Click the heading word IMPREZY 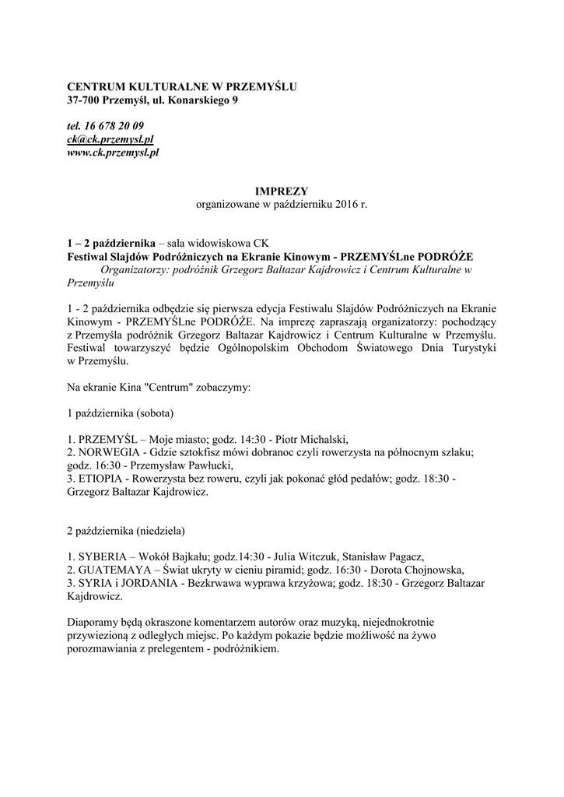pyautogui.click(x=282, y=191)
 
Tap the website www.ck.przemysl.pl pyautogui.click(x=114, y=153)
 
